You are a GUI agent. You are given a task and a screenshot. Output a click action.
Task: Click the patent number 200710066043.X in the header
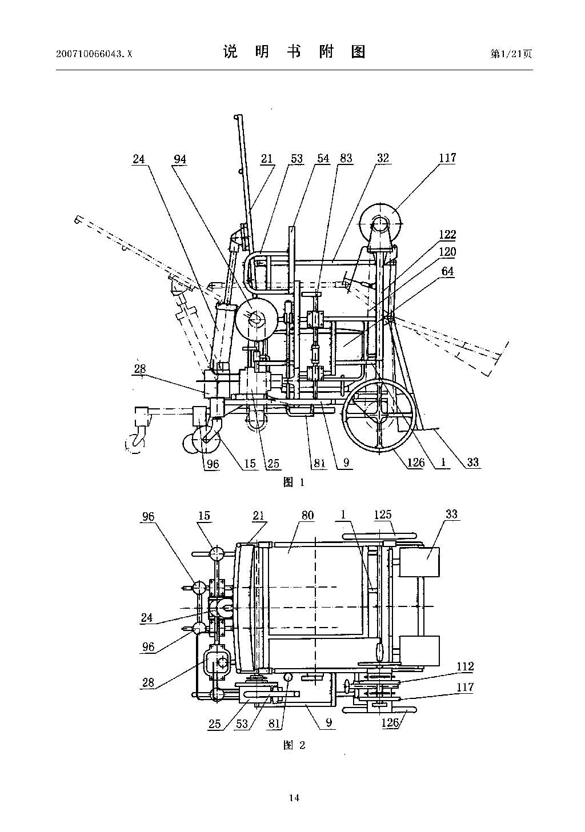[x=94, y=54]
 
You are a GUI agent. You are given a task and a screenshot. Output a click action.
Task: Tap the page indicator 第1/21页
[x=511, y=54]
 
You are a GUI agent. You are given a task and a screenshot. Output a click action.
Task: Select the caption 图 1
[x=294, y=483]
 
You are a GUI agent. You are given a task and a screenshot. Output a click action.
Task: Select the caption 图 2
[x=294, y=753]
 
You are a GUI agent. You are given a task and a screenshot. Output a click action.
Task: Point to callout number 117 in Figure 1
[x=447, y=158]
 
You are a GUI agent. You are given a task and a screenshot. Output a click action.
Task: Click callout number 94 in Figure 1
[x=180, y=159]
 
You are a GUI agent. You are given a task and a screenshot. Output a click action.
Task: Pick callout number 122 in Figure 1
[x=447, y=235]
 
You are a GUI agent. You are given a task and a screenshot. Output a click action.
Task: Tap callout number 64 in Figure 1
[x=447, y=271]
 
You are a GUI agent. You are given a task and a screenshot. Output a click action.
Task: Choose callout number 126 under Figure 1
[x=415, y=463]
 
